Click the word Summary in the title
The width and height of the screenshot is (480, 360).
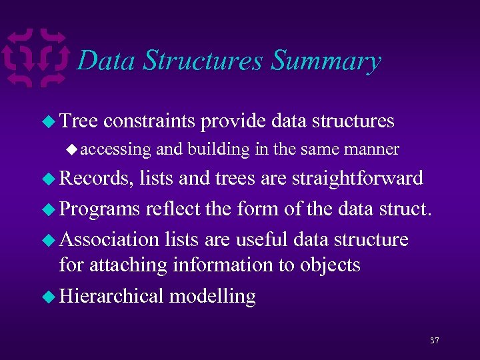pos(326,61)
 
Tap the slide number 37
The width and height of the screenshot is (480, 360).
pos(434,341)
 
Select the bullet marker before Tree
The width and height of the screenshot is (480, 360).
pos(48,121)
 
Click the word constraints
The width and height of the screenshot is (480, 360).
pos(149,121)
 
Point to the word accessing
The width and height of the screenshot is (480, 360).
pos(116,149)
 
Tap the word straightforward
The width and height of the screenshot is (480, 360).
pos(358,178)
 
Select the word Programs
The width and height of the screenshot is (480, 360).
pos(99,209)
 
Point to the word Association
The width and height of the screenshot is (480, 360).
pos(109,238)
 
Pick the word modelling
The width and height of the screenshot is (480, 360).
pos(212,295)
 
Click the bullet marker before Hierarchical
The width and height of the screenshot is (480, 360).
pos(48,296)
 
